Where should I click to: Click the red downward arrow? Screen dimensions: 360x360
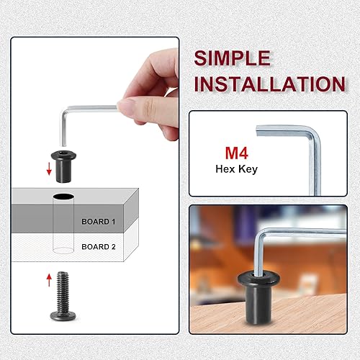click(49, 170)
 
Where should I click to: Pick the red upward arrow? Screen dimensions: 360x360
click(49, 279)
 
